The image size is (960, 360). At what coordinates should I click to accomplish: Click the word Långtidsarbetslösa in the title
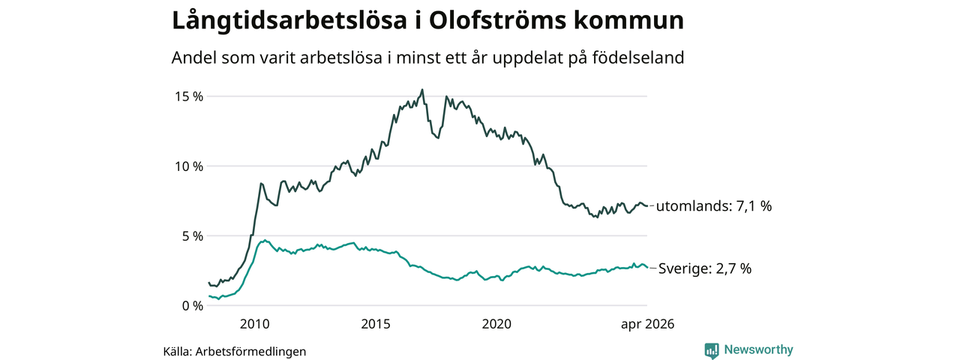[289, 21]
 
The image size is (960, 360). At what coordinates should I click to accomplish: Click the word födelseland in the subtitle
[638, 58]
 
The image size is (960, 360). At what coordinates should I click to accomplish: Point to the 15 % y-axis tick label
[188, 97]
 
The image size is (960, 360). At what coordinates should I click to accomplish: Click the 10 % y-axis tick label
[188, 166]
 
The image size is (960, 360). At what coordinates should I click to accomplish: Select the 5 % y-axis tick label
[193, 236]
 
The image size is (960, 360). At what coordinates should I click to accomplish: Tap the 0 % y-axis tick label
[193, 306]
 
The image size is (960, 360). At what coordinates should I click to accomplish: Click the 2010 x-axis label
[254, 324]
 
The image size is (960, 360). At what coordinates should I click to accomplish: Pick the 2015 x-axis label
[376, 324]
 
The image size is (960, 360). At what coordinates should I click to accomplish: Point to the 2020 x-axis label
[496, 324]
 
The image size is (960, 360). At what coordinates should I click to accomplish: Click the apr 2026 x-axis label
[647, 325]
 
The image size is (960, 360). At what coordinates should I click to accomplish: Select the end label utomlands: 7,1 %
[714, 206]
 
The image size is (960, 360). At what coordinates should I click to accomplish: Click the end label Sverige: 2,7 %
[705, 268]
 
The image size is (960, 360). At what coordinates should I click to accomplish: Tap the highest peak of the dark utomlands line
[422, 89]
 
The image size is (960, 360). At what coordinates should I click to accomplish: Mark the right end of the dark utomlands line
[647, 205]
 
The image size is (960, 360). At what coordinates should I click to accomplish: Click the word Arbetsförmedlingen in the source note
[250, 352]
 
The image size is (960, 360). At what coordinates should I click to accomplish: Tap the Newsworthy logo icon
[712, 350]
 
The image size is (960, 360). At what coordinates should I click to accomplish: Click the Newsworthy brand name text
[758, 349]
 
